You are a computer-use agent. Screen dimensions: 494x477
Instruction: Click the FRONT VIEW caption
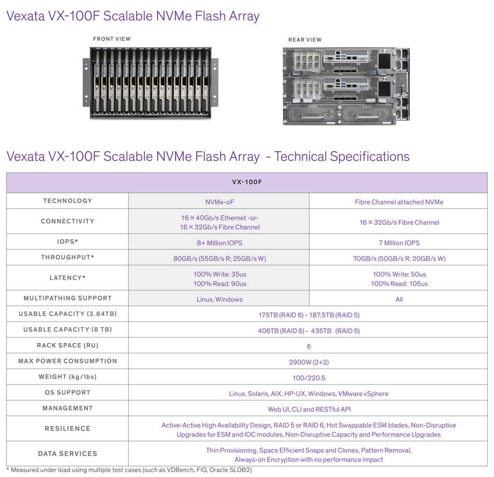click(111, 39)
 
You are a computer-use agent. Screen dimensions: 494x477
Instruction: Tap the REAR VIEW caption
click(305, 40)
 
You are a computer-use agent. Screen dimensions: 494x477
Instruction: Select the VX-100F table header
click(247, 182)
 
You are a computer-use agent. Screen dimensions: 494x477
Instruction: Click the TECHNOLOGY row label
click(68, 201)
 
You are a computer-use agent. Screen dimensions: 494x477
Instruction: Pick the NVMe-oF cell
click(220, 202)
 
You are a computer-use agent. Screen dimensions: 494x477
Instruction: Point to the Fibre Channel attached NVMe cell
click(399, 202)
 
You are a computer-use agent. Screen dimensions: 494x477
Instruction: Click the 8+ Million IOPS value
click(220, 243)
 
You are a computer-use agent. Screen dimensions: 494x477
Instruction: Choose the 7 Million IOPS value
click(399, 243)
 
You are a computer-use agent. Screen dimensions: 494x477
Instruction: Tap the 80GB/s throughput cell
click(220, 259)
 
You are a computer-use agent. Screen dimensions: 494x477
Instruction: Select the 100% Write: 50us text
click(399, 274)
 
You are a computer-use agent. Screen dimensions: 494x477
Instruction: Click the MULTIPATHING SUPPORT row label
click(68, 298)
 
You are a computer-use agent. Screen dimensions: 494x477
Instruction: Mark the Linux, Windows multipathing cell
click(220, 299)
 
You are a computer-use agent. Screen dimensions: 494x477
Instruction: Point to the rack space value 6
click(308, 346)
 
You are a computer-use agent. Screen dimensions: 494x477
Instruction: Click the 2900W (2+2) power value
click(308, 362)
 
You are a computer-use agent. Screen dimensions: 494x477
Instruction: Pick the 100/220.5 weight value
click(308, 378)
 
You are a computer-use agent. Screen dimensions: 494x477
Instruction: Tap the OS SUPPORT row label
click(68, 392)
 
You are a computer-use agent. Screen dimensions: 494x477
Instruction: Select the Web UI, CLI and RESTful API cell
click(309, 409)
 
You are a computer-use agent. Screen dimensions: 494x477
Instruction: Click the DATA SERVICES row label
click(68, 454)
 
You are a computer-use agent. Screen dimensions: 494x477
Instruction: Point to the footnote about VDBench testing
click(129, 470)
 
